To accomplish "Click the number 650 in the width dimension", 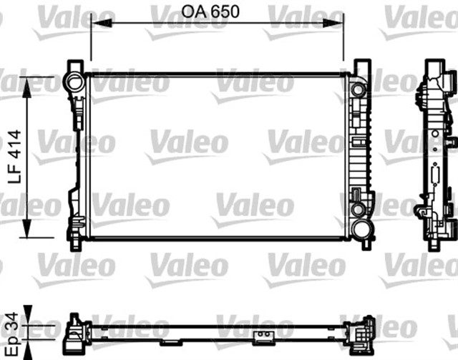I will [x=241, y=11].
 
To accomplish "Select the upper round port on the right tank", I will [x=357, y=89].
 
